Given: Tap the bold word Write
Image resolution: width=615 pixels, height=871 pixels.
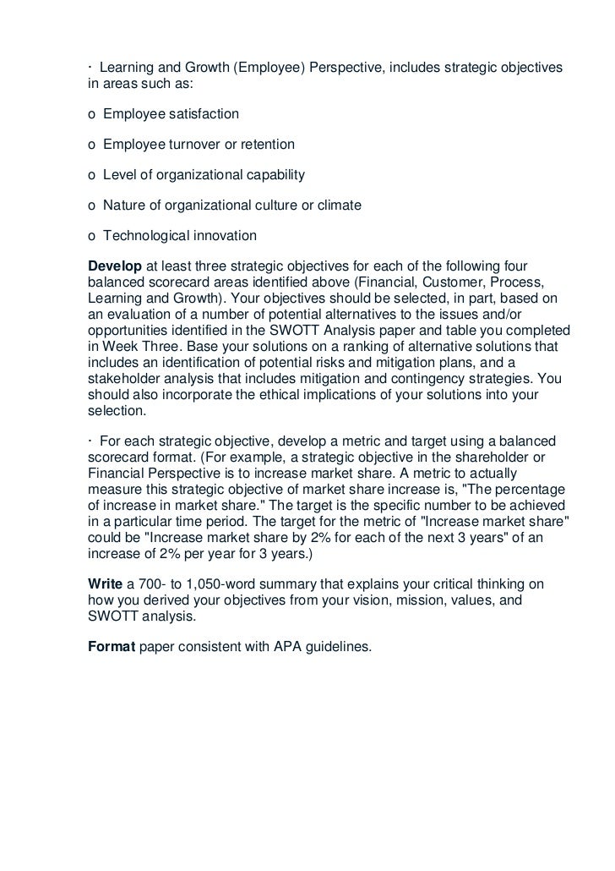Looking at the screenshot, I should pyautogui.click(x=105, y=584).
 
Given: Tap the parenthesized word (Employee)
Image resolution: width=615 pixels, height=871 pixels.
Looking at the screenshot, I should pyautogui.click(x=264, y=68).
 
